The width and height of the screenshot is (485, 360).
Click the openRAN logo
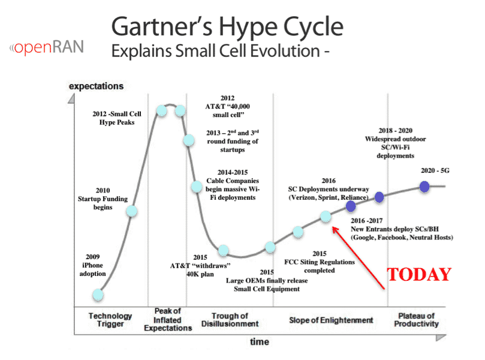coord(46,47)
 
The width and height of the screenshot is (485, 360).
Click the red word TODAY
coord(419,275)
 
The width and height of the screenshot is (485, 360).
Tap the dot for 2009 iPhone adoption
coord(98,295)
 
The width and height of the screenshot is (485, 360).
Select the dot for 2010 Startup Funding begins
coord(131,211)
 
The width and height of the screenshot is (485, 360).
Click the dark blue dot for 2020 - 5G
coord(424,187)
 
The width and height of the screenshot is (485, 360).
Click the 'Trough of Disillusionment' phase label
coord(230,320)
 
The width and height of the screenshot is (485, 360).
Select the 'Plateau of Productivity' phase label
coord(416,320)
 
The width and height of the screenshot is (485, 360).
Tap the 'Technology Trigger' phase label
coord(110,320)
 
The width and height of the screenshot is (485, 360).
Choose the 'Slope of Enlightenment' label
coord(331,320)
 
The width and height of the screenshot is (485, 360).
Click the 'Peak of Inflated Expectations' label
coord(168,319)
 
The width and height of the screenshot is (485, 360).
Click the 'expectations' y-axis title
coord(96,86)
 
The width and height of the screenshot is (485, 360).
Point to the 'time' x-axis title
coord(260,342)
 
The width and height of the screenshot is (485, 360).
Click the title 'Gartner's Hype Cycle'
coord(227,26)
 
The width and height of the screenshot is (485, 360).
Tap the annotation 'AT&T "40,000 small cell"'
coord(228,110)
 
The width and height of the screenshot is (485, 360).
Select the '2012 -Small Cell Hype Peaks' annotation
coord(117,118)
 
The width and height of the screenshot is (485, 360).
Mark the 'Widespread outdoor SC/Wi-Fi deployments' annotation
coord(395,147)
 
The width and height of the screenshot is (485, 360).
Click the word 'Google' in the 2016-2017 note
coord(364,238)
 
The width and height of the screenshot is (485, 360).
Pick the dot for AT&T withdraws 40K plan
coord(224,250)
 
